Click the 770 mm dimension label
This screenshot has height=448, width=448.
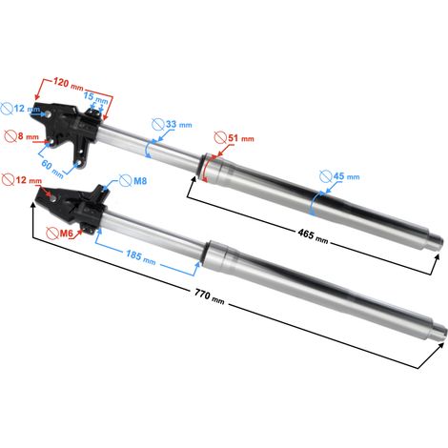tap(210, 296)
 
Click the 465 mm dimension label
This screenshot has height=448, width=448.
tap(313, 236)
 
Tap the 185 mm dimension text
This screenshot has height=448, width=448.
tap(140, 257)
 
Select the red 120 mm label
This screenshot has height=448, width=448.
tap(68, 84)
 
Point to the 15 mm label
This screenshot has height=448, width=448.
tap(95, 97)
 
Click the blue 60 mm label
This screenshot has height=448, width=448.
tap(52, 169)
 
